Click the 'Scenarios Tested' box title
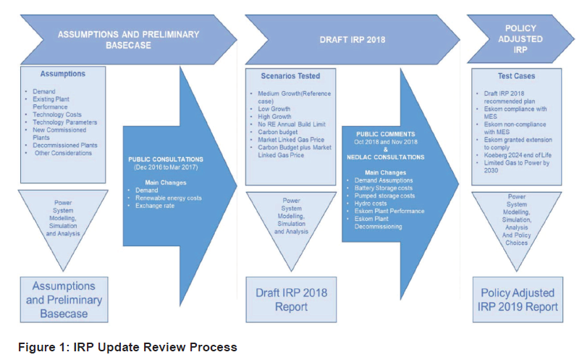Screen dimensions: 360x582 click(x=290, y=75)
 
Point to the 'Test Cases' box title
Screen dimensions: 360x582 click(x=515, y=75)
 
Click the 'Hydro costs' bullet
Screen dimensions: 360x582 click(x=371, y=204)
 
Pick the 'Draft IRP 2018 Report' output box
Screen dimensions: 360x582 click(x=291, y=299)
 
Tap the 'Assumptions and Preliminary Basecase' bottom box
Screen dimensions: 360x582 click(x=64, y=299)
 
